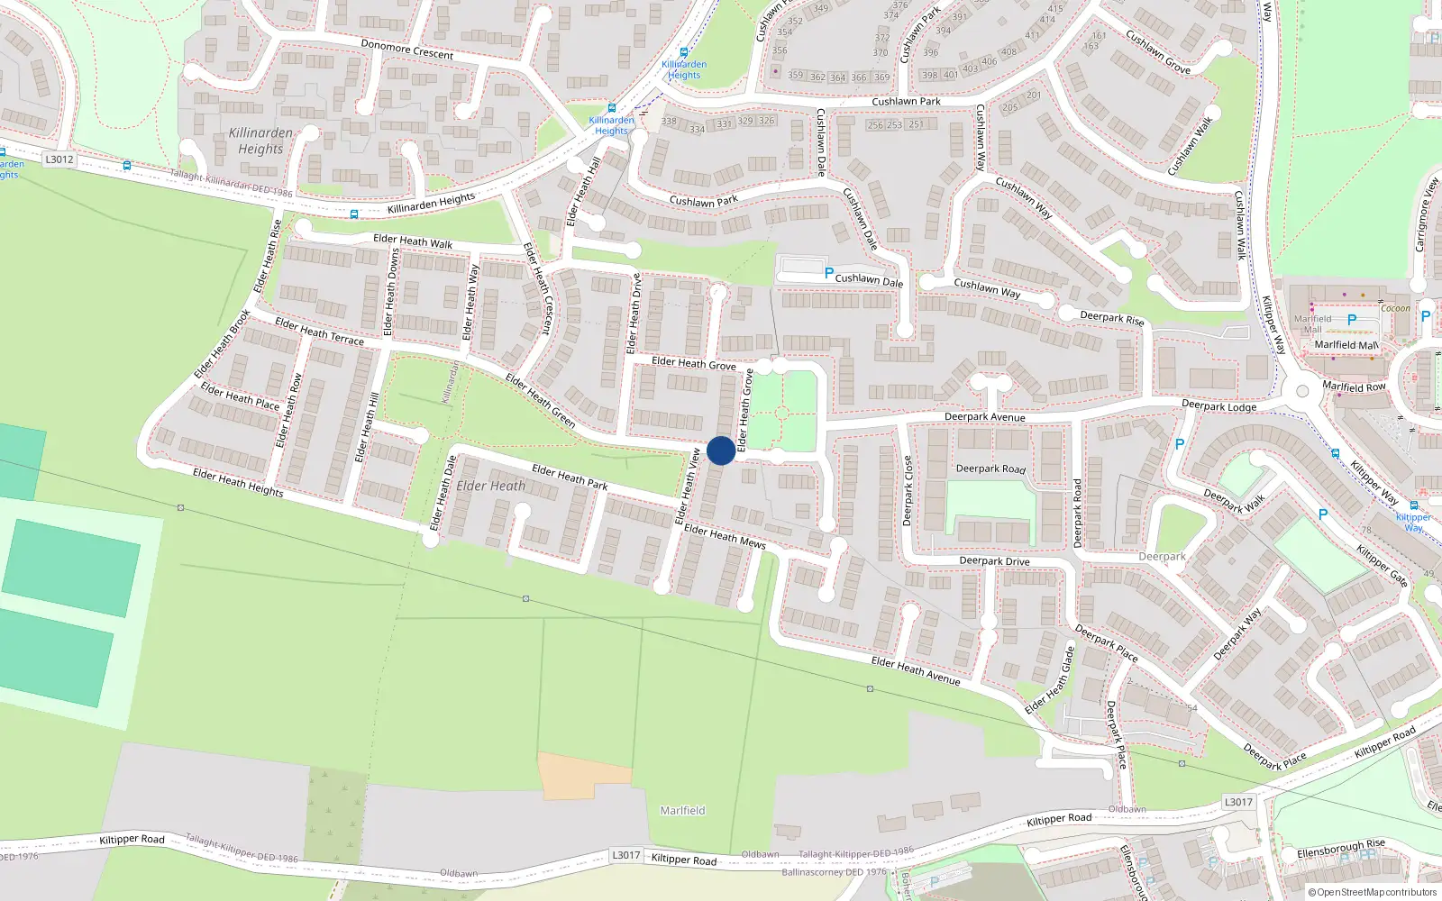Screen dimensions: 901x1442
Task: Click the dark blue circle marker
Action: click(721, 450)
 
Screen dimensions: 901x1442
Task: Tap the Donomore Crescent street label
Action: click(407, 49)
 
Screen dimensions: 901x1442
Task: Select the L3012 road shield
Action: click(59, 159)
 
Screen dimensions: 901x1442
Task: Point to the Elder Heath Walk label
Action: click(413, 241)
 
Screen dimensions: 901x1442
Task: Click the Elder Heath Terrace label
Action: click(319, 332)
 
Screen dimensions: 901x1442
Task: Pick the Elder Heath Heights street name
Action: click(238, 483)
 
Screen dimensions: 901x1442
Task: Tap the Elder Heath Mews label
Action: click(725, 536)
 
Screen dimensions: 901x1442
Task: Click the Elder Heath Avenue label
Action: click(916, 670)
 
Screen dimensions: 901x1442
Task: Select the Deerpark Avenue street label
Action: click(984, 417)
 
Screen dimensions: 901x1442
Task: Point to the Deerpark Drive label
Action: click(994, 560)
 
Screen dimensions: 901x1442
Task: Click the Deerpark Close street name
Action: click(908, 491)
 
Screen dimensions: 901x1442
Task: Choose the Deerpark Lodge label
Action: click(1218, 406)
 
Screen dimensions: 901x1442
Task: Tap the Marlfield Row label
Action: click(1354, 387)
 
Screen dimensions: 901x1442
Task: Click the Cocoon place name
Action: click(1395, 308)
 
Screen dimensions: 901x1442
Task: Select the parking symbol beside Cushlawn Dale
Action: click(829, 273)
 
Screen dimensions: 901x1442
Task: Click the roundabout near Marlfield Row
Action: click(1301, 392)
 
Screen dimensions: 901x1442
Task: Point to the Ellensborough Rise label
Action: click(1341, 849)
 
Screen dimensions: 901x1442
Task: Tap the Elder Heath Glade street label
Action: click(1050, 680)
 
